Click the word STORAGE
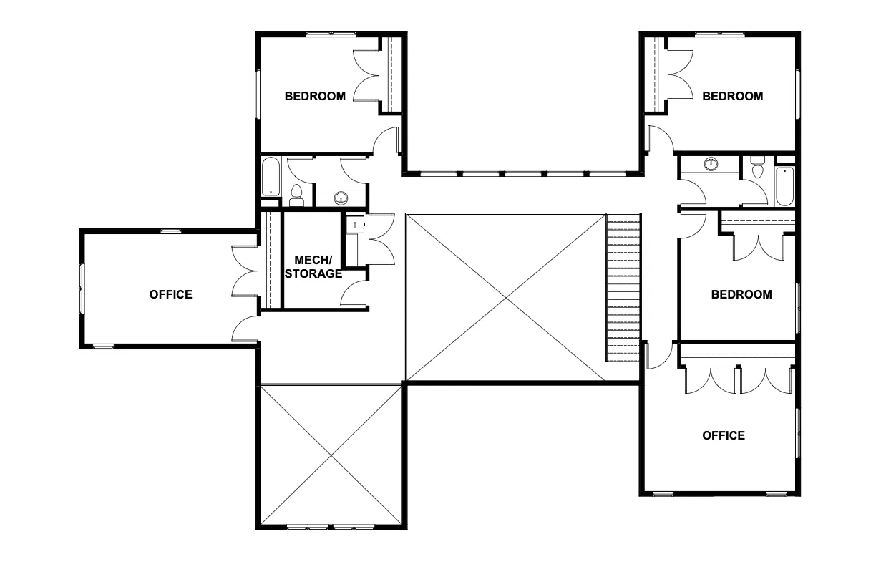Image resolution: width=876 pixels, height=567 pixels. click(x=313, y=273)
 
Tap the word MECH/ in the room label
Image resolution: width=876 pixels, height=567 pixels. click(x=313, y=260)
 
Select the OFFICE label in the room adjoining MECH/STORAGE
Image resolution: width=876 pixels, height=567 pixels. click(x=171, y=294)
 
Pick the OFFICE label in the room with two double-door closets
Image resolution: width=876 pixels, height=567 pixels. click(x=724, y=435)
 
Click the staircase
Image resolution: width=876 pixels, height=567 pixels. click(x=623, y=288)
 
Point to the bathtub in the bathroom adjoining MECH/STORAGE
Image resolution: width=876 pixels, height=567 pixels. click(x=271, y=177)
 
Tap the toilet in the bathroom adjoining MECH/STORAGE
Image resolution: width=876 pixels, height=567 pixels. click(x=297, y=195)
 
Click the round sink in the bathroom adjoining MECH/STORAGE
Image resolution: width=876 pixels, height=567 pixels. click(x=341, y=198)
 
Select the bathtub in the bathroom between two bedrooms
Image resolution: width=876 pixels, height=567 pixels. click(x=784, y=186)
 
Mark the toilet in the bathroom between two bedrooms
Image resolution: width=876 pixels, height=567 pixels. click(x=758, y=167)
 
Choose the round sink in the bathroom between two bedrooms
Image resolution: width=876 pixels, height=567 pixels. click(x=711, y=164)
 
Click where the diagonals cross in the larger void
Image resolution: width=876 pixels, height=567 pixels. click(x=506, y=297)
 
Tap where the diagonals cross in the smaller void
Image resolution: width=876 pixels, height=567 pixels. click(x=331, y=455)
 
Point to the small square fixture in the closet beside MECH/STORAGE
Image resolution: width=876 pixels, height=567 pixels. click(x=355, y=225)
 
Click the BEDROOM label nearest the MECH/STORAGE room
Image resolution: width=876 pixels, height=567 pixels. click(x=315, y=96)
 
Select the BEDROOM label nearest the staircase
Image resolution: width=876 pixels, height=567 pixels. click(x=741, y=294)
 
